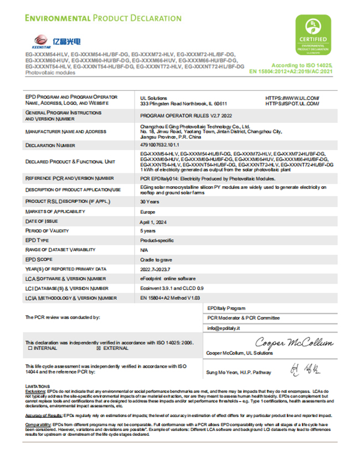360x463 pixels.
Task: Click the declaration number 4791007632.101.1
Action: [x=164, y=145]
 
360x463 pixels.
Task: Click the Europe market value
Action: [x=148, y=212]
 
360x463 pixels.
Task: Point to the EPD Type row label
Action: [x=38, y=240]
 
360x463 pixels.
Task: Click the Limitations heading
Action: [x=38, y=386]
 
